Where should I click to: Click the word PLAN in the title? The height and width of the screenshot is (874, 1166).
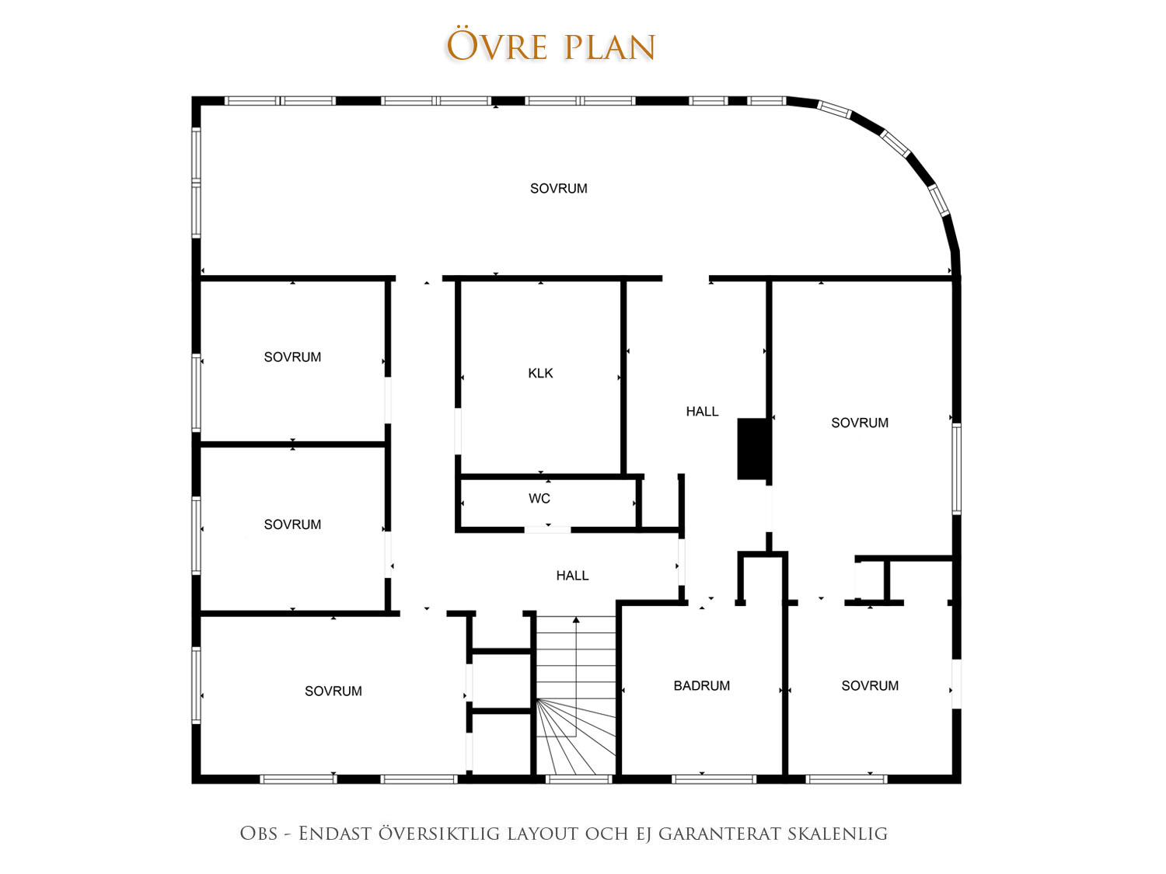click(x=610, y=47)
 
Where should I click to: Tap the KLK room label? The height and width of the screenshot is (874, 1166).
click(x=540, y=374)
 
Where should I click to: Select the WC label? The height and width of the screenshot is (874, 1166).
click(x=539, y=499)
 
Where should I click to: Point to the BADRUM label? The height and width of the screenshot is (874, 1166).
click(x=701, y=686)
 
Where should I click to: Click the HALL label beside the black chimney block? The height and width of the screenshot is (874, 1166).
click(x=702, y=412)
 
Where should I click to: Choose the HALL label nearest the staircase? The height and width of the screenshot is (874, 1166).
click(x=572, y=576)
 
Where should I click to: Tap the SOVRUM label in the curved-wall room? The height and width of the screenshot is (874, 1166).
click(x=558, y=189)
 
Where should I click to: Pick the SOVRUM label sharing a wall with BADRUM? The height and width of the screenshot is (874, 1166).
click(x=870, y=686)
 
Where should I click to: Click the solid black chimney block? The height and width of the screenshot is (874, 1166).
click(x=752, y=449)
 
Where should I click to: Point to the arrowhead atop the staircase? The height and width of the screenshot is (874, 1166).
click(x=576, y=619)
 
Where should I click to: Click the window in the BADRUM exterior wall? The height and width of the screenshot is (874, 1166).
click(x=714, y=779)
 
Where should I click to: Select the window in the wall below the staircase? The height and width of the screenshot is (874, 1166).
click(x=579, y=779)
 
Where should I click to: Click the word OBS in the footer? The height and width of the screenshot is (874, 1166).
click(x=258, y=834)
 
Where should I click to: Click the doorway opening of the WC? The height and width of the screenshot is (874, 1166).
click(x=547, y=530)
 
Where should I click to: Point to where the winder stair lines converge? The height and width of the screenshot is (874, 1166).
click(x=537, y=700)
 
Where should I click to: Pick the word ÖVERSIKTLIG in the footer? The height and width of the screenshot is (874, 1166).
click(x=438, y=834)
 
